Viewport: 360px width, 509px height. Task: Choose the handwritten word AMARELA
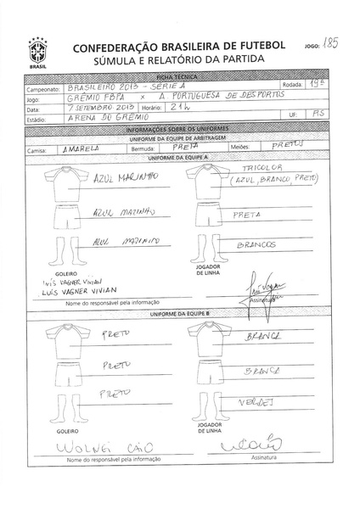point(82,148)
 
